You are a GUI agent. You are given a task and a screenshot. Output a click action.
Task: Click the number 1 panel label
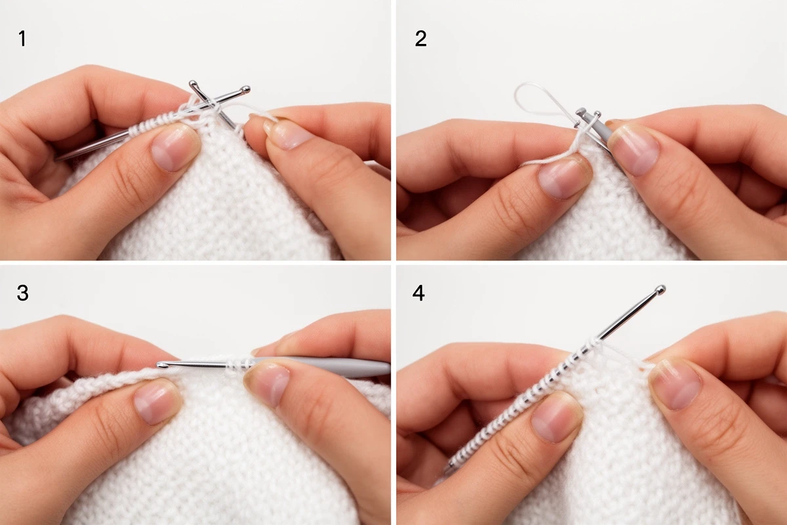tap(22, 39)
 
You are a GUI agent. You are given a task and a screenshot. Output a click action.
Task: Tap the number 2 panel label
tap(420, 39)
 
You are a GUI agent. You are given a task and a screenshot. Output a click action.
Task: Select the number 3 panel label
tap(22, 293)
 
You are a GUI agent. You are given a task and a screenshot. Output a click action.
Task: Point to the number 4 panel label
tap(418, 293)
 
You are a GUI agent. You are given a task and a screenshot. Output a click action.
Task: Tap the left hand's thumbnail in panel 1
tap(173, 149)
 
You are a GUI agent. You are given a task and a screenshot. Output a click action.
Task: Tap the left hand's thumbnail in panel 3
tap(157, 404)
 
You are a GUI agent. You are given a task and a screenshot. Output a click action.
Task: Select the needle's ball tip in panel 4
tap(660, 290)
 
